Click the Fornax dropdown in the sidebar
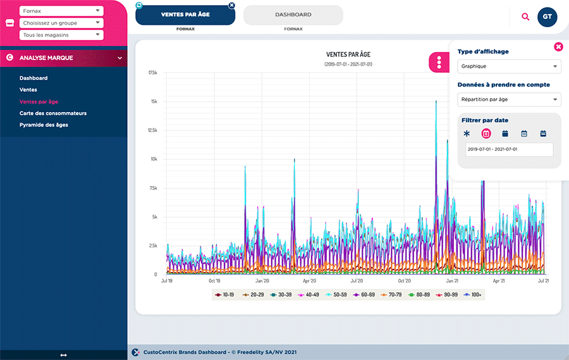click(61, 11)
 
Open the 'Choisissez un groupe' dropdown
click(61, 22)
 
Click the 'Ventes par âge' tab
click(185, 15)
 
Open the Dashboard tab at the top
click(293, 15)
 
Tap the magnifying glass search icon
click(525, 16)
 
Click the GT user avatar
click(548, 16)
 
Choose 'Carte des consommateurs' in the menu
click(53, 113)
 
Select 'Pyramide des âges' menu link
click(44, 125)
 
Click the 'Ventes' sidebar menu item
click(28, 90)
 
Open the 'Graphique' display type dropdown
click(509, 66)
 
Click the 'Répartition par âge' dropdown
click(509, 99)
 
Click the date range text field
click(509, 149)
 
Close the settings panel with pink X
click(558, 47)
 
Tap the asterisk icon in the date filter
click(467, 133)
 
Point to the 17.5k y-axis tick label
click(153, 73)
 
